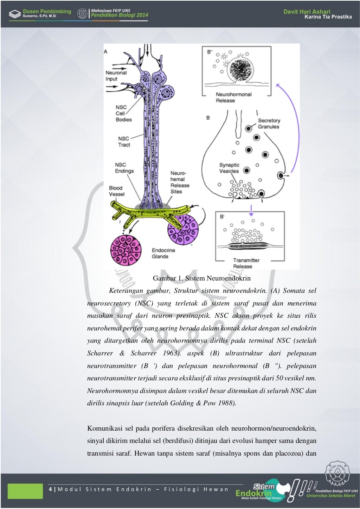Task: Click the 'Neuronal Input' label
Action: [x=116, y=76]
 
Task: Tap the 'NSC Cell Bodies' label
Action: [x=123, y=114]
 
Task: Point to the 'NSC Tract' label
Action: [x=124, y=142]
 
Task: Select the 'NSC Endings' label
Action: [x=124, y=168]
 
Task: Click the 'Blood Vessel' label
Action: [x=116, y=191]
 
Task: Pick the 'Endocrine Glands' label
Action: [x=163, y=253]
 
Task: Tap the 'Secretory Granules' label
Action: [x=269, y=124]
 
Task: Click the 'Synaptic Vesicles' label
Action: [x=229, y=168]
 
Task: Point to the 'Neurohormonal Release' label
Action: [x=233, y=97]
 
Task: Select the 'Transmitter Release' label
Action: [x=246, y=263]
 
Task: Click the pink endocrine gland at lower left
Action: [x=126, y=250]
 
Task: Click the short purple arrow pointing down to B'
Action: [x=251, y=210]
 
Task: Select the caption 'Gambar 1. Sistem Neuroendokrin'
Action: [x=201, y=278]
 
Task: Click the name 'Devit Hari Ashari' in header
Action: [x=307, y=12]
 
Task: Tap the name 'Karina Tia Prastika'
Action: [x=328, y=17]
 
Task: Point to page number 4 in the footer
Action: [x=50, y=489]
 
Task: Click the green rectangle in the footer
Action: [x=25, y=491]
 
